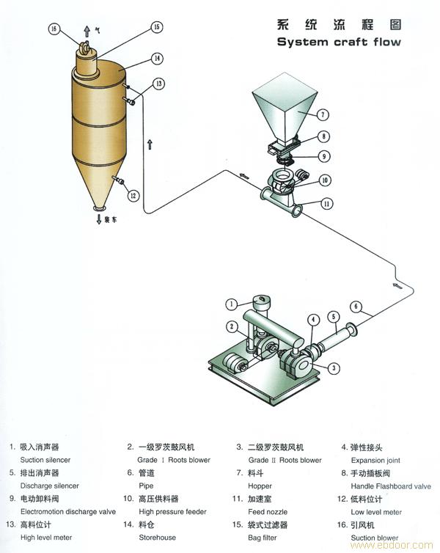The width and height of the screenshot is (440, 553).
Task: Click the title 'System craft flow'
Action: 339,42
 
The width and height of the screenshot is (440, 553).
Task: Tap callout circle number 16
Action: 53,29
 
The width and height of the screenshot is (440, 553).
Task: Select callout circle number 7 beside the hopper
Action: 323,114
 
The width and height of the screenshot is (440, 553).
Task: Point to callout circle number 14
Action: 157,58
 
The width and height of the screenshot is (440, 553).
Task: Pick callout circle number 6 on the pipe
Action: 356,307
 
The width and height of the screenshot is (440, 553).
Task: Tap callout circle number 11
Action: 326,203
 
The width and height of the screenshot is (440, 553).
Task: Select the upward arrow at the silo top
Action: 87,31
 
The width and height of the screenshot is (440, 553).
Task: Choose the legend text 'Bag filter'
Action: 256,538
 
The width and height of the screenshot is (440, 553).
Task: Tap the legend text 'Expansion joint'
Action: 375,460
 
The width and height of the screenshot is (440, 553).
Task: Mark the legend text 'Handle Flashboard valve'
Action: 391,486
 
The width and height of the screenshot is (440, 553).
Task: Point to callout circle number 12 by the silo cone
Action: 133,196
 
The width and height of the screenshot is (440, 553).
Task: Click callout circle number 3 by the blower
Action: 333,368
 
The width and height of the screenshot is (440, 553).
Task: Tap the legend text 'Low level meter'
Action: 376,511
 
